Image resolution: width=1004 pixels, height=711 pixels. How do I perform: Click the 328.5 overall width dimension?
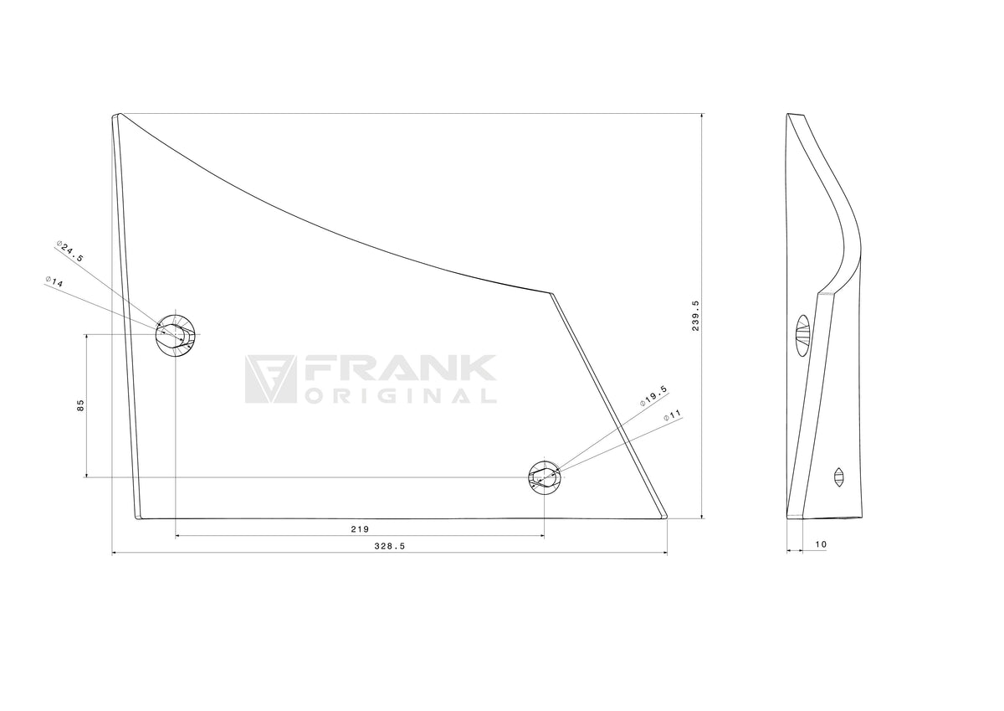[x=390, y=546]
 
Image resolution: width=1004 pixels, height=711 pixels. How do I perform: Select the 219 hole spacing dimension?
[x=360, y=529]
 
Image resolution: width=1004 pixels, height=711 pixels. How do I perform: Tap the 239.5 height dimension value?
[x=695, y=316]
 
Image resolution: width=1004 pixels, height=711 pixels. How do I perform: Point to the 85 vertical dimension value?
[x=80, y=405]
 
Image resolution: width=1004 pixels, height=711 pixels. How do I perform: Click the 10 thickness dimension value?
[x=821, y=544]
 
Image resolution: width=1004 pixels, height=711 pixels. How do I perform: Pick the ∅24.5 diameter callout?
[x=70, y=251]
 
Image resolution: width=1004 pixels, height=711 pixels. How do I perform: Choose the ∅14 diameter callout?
[x=54, y=281]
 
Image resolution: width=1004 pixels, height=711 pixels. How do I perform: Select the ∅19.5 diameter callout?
[x=654, y=396]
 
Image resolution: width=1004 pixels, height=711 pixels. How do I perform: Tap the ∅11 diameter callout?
[x=673, y=415]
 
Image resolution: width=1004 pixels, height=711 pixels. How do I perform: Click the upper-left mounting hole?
[x=175, y=335]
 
